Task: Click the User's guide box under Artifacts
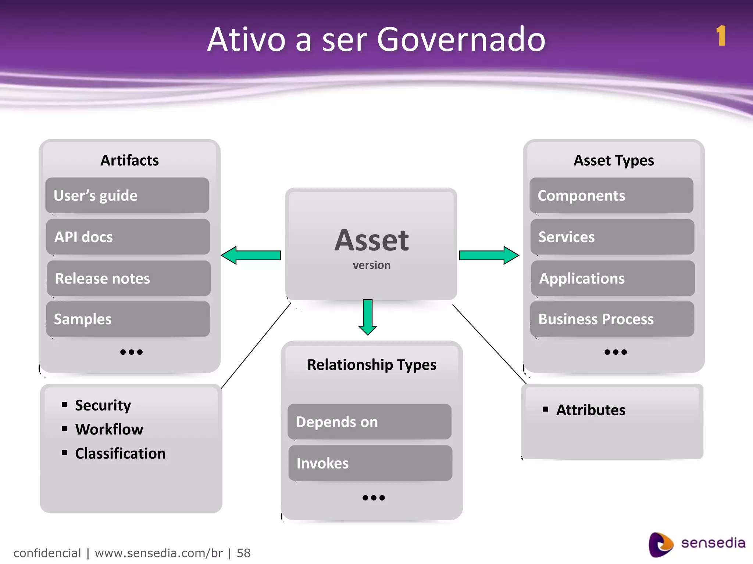tap(127, 196)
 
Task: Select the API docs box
tap(128, 237)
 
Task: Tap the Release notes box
tap(129, 278)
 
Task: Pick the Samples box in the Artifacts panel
tap(128, 319)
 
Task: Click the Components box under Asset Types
tap(611, 196)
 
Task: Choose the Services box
tap(612, 237)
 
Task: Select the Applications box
tap(613, 278)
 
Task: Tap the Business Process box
tap(612, 319)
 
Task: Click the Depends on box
tap(370, 422)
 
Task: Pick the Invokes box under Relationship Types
tap(370, 463)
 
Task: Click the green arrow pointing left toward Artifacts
tap(251, 255)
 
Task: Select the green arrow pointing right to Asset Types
tap(489, 255)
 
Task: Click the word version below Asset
tap(372, 265)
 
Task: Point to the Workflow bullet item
tap(109, 429)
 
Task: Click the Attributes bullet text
tap(590, 410)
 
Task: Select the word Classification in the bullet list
tap(120, 453)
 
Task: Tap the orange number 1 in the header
tap(721, 36)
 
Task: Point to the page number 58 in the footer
tap(243, 553)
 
